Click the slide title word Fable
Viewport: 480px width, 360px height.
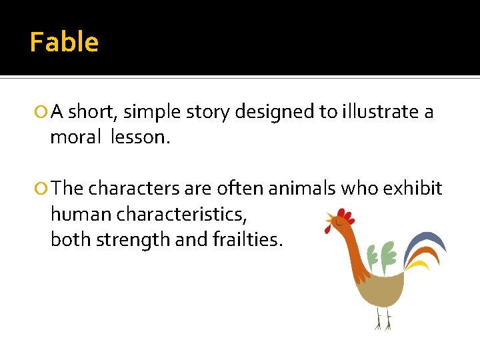coord(64,42)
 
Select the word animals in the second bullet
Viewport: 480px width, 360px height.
coord(303,189)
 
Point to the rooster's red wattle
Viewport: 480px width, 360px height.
coord(328,228)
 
